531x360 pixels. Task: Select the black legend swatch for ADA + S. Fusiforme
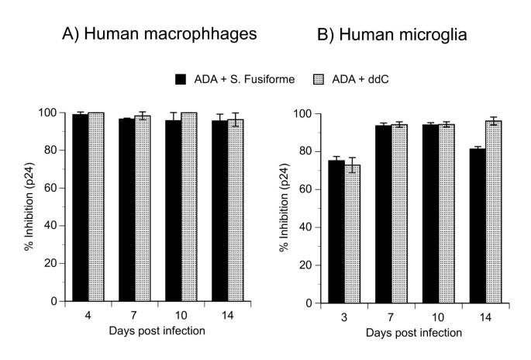(181, 78)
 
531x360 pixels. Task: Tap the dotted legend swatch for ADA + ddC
(315, 78)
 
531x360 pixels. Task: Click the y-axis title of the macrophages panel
(28, 206)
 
